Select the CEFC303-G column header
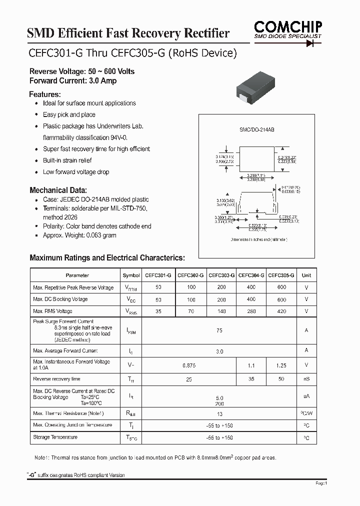click(221, 275)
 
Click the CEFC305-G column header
click(281, 275)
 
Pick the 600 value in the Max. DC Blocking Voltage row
click(281, 299)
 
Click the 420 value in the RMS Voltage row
click(281, 311)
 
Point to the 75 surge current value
click(219, 330)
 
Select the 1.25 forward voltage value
click(281, 365)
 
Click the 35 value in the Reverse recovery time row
click(251, 379)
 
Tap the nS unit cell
click(306, 379)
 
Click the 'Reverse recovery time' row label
click(56, 379)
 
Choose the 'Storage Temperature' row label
click(55, 437)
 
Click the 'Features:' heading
click(45, 94)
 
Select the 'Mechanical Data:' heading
click(58, 190)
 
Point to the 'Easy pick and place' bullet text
click(69, 114)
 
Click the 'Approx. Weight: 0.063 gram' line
click(79, 235)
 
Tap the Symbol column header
click(131, 275)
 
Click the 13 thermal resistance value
click(219, 414)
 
